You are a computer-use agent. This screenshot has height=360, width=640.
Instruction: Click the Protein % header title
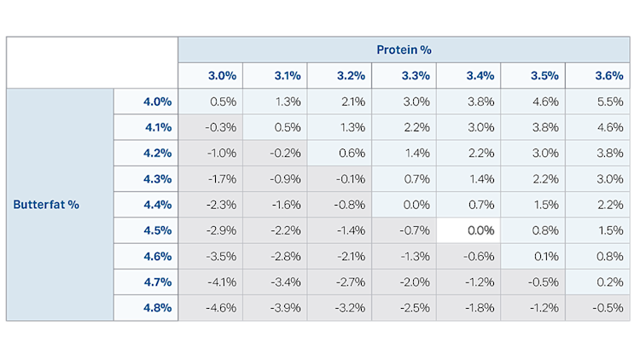click(x=404, y=49)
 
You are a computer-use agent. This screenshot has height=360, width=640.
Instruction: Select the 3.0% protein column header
click(x=222, y=76)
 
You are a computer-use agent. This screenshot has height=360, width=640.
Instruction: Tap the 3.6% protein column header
click(x=609, y=76)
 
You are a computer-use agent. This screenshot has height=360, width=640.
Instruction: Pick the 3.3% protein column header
click(x=416, y=76)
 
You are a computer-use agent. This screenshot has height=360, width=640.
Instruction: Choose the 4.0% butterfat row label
click(x=157, y=102)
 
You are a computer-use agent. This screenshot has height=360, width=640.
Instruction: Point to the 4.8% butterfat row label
click(x=157, y=308)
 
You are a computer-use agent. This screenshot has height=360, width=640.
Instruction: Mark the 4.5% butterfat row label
click(x=157, y=230)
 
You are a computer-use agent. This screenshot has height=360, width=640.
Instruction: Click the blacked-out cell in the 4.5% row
click(x=468, y=230)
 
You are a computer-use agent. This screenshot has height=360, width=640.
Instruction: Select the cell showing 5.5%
click(x=609, y=102)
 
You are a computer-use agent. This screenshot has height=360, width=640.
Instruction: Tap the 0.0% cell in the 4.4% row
click(x=416, y=205)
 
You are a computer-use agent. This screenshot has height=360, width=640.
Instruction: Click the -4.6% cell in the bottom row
click(x=222, y=308)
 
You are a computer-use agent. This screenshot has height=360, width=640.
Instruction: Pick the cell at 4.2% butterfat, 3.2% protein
click(x=351, y=154)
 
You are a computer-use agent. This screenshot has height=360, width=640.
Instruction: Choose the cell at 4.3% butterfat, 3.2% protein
click(x=351, y=179)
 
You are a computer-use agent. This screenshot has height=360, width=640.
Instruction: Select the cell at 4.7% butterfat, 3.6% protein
click(x=609, y=282)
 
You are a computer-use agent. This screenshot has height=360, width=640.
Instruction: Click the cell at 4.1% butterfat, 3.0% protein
click(x=222, y=127)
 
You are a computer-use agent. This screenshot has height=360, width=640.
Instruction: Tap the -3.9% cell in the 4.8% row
click(x=287, y=308)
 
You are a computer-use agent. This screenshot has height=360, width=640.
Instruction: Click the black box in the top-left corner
click(x=92, y=62)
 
